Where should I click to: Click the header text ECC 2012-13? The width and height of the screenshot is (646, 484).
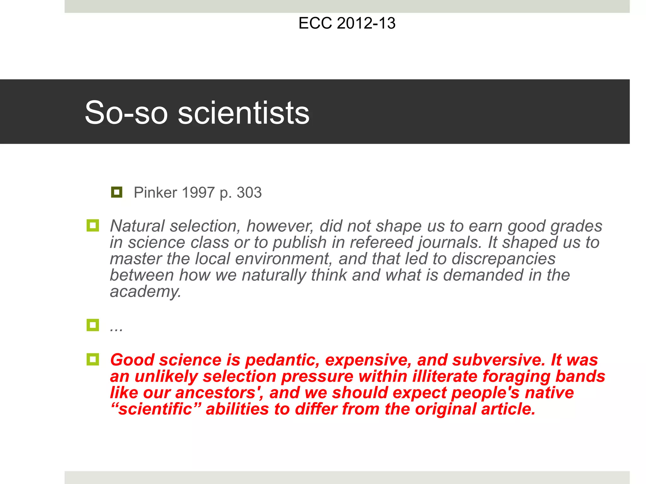(x=347, y=23)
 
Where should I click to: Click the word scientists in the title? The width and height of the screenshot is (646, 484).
(x=244, y=113)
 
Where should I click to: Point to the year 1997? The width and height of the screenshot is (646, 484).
(x=198, y=193)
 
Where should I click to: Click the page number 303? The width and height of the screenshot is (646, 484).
(x=249, y=193)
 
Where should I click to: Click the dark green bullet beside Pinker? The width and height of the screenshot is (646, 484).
(x=117, y=192)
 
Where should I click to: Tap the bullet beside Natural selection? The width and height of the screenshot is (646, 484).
(x=93, y=226)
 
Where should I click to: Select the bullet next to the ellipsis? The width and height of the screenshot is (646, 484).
(x=93, y=325)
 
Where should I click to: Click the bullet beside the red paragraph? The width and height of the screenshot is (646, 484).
(x=93, y=359)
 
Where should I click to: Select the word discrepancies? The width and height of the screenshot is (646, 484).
(x=503, y=259)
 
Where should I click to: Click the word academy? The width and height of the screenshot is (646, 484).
(x=145, y=292)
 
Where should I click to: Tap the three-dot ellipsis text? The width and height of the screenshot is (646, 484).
(x=116, y=328)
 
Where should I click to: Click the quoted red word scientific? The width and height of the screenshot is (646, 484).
(x=156, y=409)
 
